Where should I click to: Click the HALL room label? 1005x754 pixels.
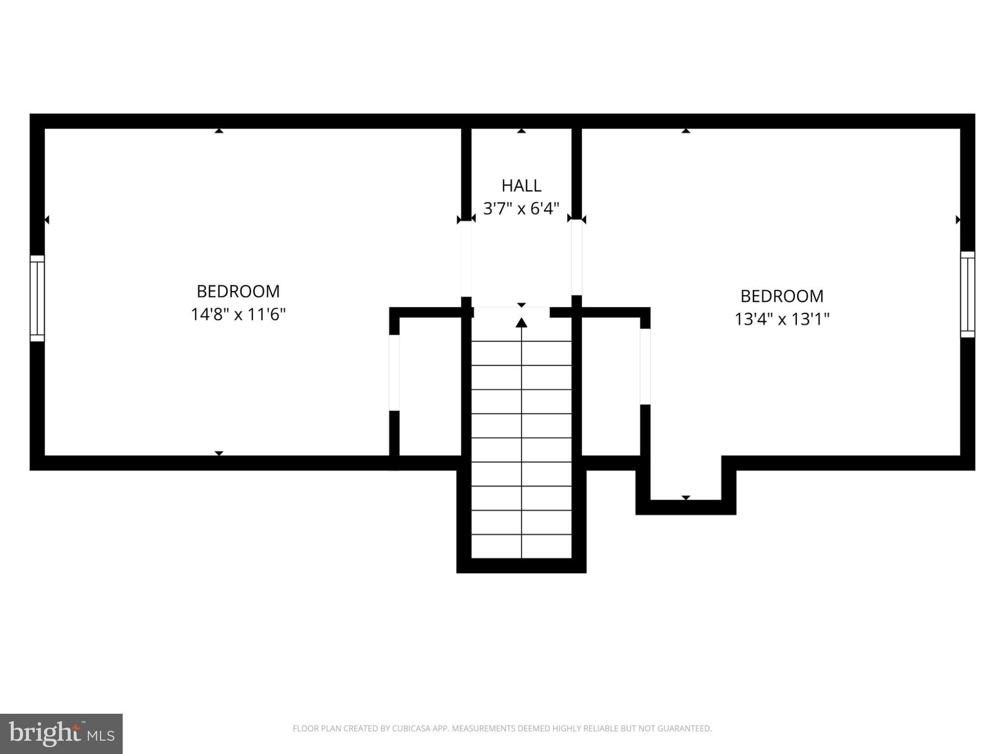point(521,186)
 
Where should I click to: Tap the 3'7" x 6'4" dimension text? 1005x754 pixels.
point(521,209)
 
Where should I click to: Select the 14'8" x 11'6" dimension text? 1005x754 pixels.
point(238,314)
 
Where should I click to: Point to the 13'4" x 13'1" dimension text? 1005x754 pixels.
point(782,319)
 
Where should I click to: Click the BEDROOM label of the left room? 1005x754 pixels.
point(238,292)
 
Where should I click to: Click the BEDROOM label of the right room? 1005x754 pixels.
point(782,296)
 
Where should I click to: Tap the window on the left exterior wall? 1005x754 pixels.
point(37,298)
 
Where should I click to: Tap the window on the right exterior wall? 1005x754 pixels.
point(967,295)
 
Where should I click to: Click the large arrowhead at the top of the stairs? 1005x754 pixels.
point(521,323)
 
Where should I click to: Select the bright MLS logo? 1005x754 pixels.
point(61,733)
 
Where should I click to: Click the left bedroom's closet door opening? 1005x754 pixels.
point(394,373)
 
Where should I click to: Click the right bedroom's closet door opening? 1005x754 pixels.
point(645,367)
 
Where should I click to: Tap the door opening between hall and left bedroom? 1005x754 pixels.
point(466,259)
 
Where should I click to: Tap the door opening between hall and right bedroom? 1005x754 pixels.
point(577,257)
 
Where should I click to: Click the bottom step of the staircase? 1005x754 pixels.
point(521,546)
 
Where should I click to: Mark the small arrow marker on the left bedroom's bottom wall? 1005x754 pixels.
point(219,453)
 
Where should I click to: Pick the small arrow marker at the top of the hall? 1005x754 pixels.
point(521,131)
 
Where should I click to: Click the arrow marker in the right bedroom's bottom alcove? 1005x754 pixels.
point(686,498)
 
